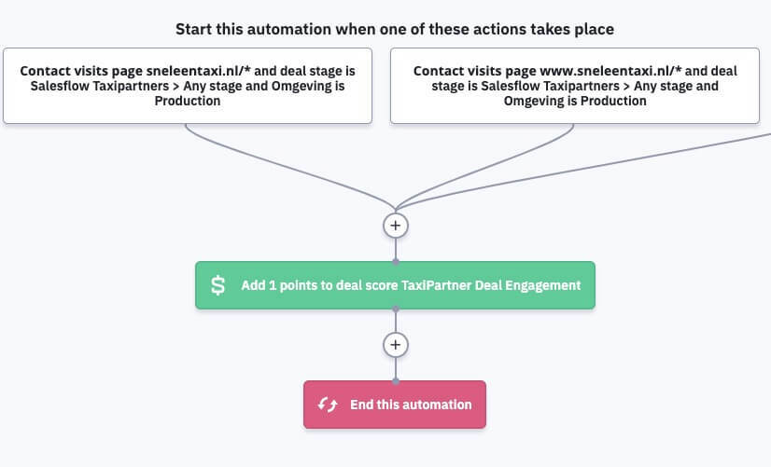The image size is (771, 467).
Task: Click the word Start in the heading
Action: click(x=194, y=29)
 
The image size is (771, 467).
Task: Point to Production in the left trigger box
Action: click(x=188, y=101)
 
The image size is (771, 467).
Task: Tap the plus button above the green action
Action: click(x=396, y=225)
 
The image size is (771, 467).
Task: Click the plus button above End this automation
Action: click(x=396, y=345)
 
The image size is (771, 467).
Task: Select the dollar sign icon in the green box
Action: click(x=217, y=285)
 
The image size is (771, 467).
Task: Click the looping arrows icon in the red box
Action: click(x=328, y=405)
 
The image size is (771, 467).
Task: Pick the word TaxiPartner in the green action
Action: click(x=437, y=285)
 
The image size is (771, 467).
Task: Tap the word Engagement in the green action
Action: click(x=543, y=285)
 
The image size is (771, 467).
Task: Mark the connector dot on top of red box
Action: click(x=396, y=380)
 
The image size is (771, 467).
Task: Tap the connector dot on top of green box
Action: click(x=396, y=261)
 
